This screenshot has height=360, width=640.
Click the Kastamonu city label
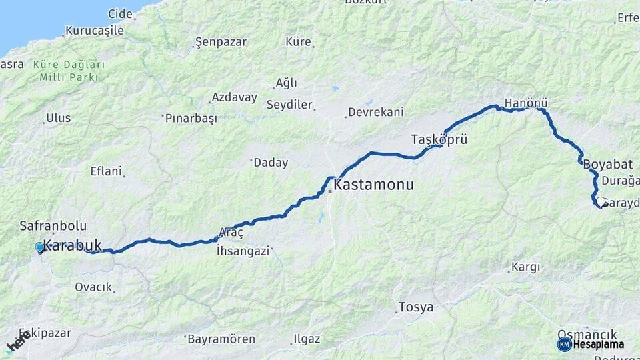[x=373, y=185]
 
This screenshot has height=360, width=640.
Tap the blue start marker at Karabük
[x=40, y=248]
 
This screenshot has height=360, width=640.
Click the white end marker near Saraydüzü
[x=601, y=202]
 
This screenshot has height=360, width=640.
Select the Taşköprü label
[x=437, y=139]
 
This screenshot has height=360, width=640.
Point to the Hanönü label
[x=526, y=104]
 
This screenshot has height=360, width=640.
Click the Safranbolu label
[x=53, y=226]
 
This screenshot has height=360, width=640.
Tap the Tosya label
[x=415, y=307]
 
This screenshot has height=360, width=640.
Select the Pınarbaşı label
[x=191, y=118]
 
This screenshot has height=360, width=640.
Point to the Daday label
[x=270, y=162]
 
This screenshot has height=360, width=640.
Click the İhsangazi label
[x=243, y=251]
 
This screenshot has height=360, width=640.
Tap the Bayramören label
[x=221, y=339]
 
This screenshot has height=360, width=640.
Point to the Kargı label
[x=525, y=268]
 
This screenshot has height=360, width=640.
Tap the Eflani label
[x=106, y=171]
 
